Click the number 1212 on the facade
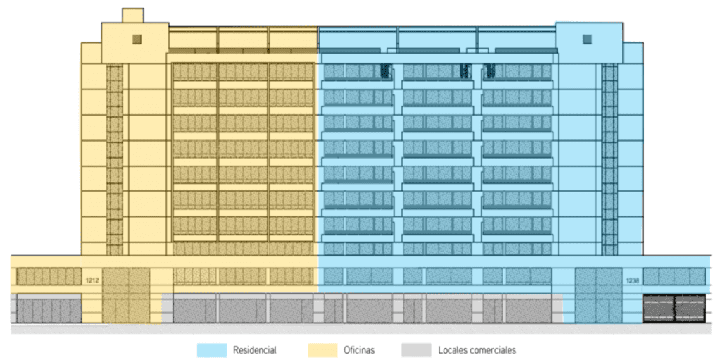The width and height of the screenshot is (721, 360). click(92, 280)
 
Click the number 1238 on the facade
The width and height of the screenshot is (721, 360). click(631, 280)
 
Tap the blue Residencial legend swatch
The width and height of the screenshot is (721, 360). click(212, 350)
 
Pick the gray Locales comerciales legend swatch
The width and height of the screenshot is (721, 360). click(415, 350)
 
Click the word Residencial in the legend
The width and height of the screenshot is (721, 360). click(254, 350)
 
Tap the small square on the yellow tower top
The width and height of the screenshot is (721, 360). click(137, 38)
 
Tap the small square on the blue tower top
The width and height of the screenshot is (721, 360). click(588, 38)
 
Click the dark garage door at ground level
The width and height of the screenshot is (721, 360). click(674, 309)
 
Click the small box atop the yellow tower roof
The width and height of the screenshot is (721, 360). click(132, 15)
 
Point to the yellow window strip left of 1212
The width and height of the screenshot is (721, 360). click(48, 277)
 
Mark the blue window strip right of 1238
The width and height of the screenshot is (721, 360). click(674, 276)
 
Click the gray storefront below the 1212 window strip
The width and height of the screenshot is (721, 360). click(48, 310)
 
